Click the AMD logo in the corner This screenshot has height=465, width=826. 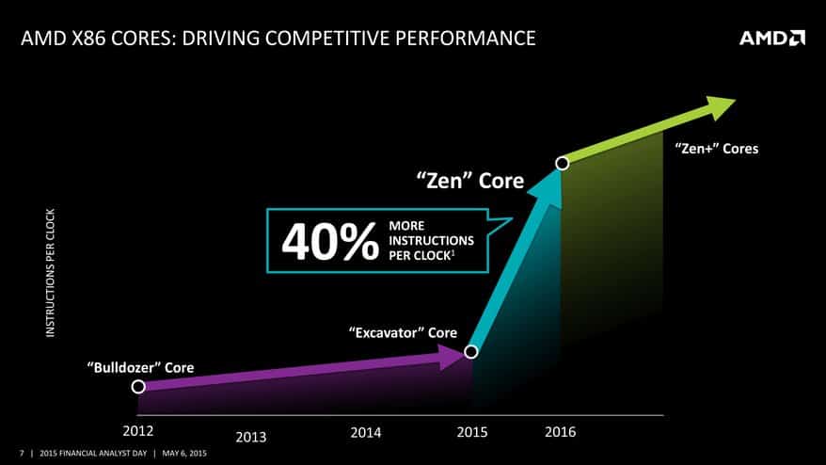pos(771,38)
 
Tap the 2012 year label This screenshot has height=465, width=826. pos(138,431)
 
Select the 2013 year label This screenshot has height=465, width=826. pos(251,437)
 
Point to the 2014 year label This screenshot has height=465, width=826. pos(365,432)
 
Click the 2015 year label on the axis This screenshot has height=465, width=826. pos(471,432)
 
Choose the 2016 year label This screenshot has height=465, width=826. pos(560,432)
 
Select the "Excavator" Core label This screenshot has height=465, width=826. pos(402,332)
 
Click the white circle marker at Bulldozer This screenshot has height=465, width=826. pos(138,386)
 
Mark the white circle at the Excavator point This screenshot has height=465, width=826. pos(471,352)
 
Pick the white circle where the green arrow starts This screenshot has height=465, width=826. pos(563,163)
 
